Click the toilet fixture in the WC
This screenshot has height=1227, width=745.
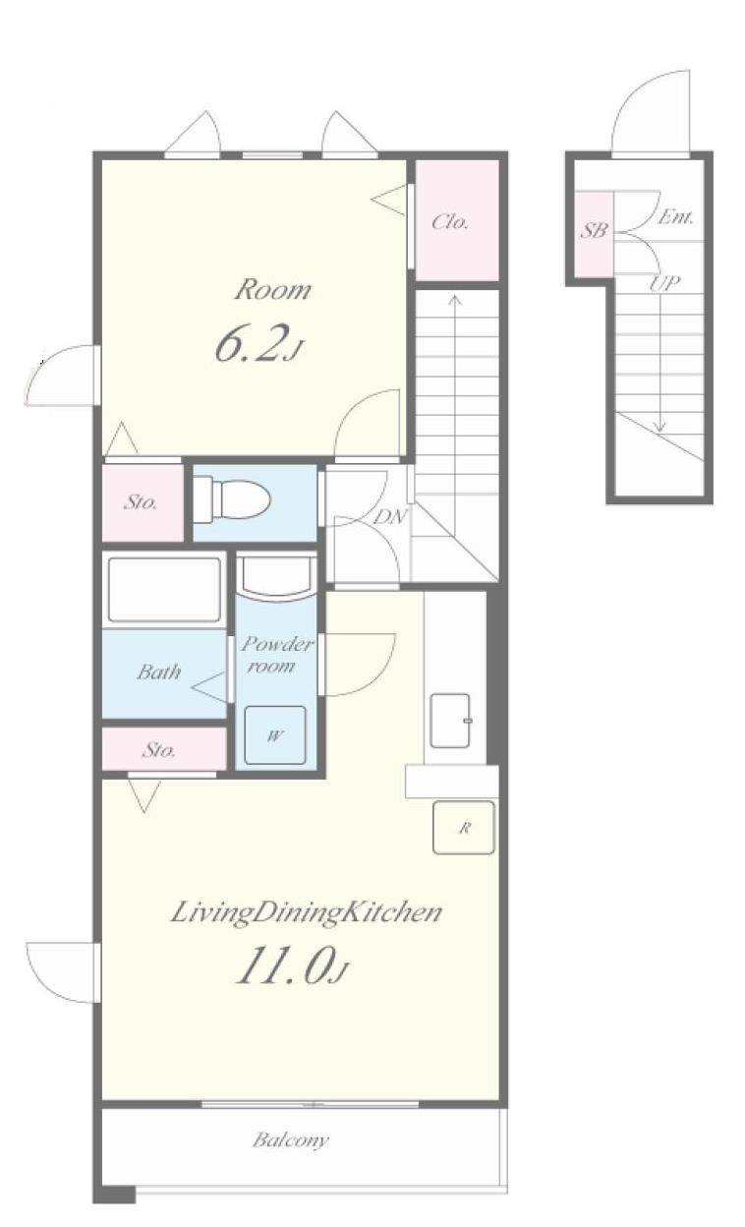tap(232, 499)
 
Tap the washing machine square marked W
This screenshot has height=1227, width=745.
tap(275, 735)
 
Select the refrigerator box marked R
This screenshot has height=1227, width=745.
tap(464, 828)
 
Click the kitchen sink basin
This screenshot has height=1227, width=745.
tap(450, 721)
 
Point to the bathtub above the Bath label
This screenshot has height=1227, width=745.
tap(164, 589)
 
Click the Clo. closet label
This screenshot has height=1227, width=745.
tap(450, 222)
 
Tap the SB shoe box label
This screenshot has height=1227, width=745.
tap(594, 230)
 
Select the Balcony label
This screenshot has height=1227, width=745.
tap(291, 1140)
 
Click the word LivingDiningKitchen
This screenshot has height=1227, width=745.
tap(307, 912)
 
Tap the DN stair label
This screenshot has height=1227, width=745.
tap(390, 516)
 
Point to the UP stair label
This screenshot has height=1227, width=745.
tap(664, 283)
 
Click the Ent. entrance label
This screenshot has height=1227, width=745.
tap(676, 217)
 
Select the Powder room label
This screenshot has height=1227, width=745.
tap(276, 654)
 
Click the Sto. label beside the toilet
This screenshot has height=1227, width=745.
tap(141, 501)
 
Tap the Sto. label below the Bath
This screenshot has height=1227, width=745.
tap(159, 750)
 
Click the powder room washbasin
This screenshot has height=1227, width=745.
tap(278, 578)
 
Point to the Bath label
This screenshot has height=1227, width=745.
tap(159, 672)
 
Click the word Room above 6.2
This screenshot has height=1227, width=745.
tap(272, 290)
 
